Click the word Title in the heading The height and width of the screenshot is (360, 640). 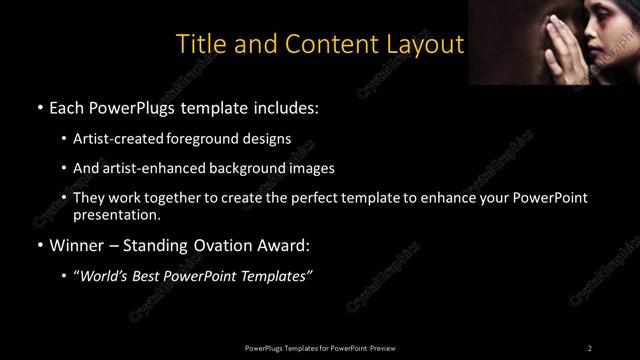pyautogui.click(x=200, y=45)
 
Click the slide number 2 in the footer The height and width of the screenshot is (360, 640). pyautogui.click(x=589, y=347)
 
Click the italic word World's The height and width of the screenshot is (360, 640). pyautogui.click(x=107, y=277)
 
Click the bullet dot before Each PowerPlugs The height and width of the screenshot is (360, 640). pyautogui.click(x=38, y=107)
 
